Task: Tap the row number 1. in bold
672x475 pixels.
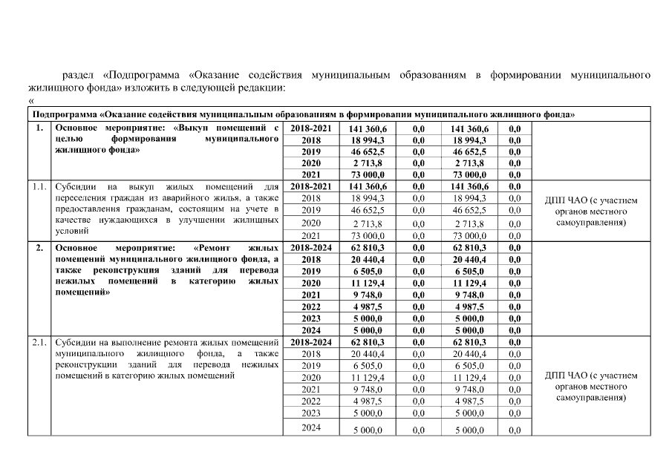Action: coord(39,128)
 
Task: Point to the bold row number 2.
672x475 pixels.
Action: coord(39,247)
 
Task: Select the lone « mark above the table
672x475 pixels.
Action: coord(31,101)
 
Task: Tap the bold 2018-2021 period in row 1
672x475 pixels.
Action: coord(310,128)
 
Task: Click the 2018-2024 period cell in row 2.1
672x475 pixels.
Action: coord(310,343)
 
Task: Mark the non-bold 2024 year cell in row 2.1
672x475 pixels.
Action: coord(310,428)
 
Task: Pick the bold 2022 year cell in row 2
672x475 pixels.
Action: coord(310,307)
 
